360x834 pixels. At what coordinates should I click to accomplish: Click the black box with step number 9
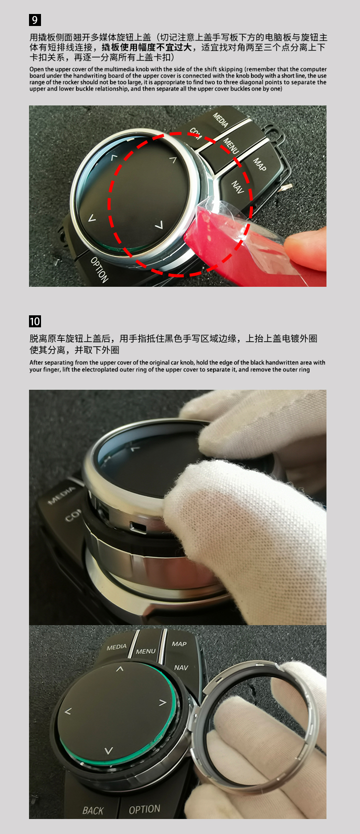[34, 20]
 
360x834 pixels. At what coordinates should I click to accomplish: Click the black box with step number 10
[35, 321]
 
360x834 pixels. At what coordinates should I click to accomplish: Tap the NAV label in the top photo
[238, 187]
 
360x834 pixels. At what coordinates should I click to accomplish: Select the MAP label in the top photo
[260, 164]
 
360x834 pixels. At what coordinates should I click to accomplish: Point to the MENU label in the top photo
[231, 145]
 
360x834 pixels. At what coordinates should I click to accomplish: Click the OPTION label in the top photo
[99, 269]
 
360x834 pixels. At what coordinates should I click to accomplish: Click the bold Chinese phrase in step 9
[146, 47]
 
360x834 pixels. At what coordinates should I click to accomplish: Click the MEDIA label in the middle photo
[62, 496]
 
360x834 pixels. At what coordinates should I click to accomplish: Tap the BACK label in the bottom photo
[93, 811]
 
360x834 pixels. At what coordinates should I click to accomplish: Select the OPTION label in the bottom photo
[144, 809]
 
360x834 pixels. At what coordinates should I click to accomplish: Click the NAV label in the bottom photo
[181, 668]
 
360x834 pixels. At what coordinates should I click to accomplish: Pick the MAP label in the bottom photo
[179, 644]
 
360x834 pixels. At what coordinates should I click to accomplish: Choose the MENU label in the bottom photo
[145, 651]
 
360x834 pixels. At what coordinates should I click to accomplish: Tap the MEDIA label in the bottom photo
[116, 647]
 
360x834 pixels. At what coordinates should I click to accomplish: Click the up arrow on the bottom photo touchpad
[119, 669]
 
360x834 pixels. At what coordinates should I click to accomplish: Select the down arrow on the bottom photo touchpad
[108, 750]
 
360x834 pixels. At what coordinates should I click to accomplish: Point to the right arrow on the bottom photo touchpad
[162, 703]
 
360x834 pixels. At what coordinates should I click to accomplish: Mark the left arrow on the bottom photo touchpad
[68, 711]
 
